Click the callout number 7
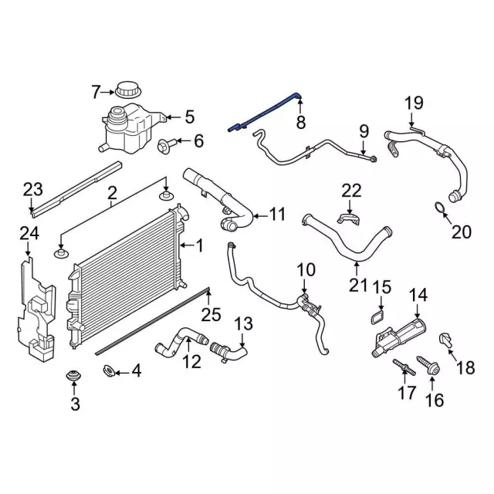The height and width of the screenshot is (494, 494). pyautogui.click(x=96, y=93)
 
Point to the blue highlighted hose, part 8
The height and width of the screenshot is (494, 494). pyautogui.click(x=266, y=112)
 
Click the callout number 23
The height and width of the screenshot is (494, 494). pyautogui.click(x=32, y=188)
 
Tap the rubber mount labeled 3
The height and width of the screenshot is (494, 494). pyautogui.click(x=75, y=376)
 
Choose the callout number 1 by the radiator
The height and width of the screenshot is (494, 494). pyautogui.click(x=200, y=246)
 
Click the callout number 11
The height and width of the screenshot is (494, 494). pyautogui.click(x=278, y=213)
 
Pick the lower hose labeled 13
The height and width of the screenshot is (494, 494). pyautogui.click(x=228, y=351)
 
